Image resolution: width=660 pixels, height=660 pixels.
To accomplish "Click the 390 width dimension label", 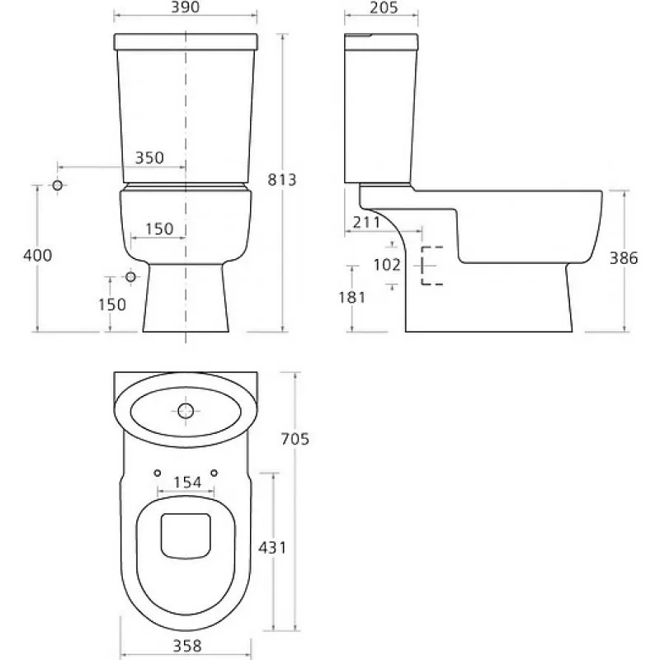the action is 185,7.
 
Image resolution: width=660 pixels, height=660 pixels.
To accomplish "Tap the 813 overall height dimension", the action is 282,180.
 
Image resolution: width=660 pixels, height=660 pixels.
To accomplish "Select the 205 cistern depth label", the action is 384,7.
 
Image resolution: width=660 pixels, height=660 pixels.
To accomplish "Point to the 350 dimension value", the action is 149,158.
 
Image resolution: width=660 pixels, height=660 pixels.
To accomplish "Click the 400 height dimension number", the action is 37,255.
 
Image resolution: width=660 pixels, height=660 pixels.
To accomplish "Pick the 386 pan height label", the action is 624,258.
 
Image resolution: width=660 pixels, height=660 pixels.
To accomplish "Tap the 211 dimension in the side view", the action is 366,222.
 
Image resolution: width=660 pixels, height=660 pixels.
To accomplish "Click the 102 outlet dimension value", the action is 387,265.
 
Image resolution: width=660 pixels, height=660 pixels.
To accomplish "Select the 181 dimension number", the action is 352,298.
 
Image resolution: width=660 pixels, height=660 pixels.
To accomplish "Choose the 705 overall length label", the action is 295,439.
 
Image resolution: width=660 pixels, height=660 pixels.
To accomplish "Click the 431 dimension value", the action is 272,548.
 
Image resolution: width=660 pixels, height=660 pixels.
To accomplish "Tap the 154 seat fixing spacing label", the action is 187,483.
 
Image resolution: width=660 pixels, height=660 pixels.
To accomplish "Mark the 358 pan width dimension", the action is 187,646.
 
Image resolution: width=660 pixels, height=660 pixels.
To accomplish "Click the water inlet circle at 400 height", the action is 58,185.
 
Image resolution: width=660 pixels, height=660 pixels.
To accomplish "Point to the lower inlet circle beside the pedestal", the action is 131,276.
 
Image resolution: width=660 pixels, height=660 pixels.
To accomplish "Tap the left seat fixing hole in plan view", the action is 158,473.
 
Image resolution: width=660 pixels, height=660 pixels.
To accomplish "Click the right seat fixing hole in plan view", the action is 214,473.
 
